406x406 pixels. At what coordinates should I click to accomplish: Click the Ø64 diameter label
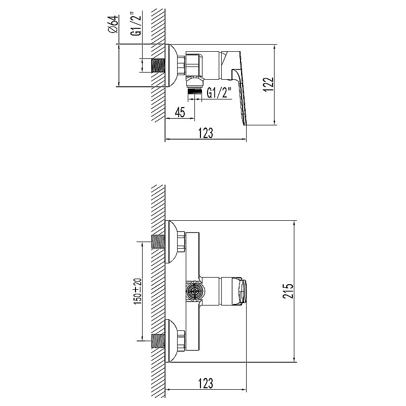click(x=113, y=24)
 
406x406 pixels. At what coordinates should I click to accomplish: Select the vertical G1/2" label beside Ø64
click(x=136, y=24)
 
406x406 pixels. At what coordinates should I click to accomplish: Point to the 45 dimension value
click(x=179, y=112)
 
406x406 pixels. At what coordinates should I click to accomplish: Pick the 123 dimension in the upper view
click(x=205, y=132)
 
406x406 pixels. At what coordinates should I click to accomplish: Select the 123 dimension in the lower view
click(x=205, y=382)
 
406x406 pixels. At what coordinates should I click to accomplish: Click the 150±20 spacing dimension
click(x=136, y=291)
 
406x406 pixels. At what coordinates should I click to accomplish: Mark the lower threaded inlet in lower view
click(x=158, y=341)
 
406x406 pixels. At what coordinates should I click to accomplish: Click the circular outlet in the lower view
click(x=193, y=292)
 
